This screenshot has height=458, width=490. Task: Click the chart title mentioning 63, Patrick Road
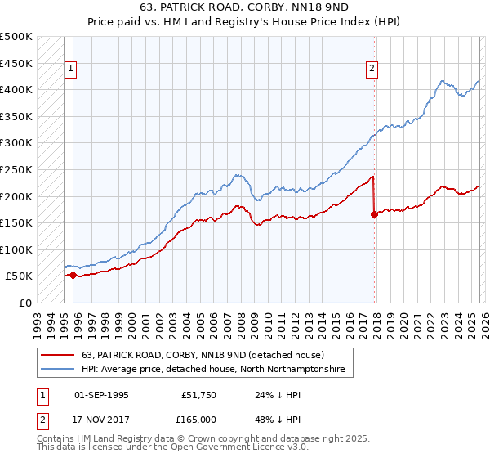[x=244, y=11]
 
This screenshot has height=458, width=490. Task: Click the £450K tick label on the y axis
[x=16, y=63]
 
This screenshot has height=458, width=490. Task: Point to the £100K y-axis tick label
[x=16, y=249]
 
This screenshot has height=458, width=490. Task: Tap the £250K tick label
[x=16, y=169]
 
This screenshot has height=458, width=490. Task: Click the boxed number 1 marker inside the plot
[x=71, y=70]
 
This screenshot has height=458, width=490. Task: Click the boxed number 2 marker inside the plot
[x=372, y=70]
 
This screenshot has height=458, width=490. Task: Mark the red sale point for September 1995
[x=73, y=275]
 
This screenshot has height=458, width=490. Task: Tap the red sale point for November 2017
[x=374, y=215]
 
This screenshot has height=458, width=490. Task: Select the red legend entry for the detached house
[x=203, y=355]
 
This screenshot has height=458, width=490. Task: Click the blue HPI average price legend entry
[x=213, y=370]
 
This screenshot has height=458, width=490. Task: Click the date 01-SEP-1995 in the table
[x=101, y=394]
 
